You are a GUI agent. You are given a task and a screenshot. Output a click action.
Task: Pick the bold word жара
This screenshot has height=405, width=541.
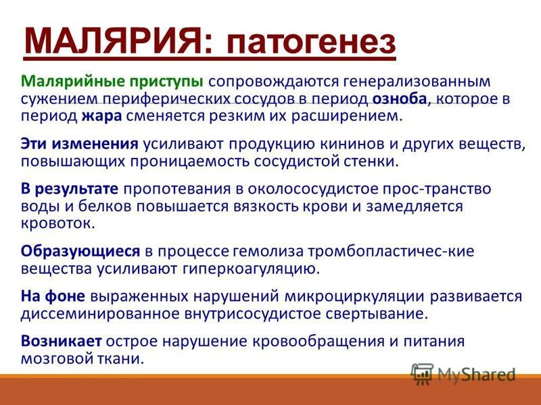point(102,116)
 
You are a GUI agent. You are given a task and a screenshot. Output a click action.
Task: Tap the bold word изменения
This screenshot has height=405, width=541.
point(95,144)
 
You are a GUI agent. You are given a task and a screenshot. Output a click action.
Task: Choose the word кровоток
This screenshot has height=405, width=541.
point(57,223)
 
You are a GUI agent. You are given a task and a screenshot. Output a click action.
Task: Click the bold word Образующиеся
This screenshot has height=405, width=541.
point(80,251)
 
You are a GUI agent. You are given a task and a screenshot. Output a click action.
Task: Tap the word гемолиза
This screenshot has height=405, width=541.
point(268,251)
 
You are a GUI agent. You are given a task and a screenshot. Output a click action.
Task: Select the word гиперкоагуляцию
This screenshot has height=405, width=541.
point(251,269)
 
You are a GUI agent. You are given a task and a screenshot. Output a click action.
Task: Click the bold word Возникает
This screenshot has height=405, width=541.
point(62,342)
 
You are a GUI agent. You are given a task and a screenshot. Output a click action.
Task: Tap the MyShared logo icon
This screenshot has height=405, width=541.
point(422,374)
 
